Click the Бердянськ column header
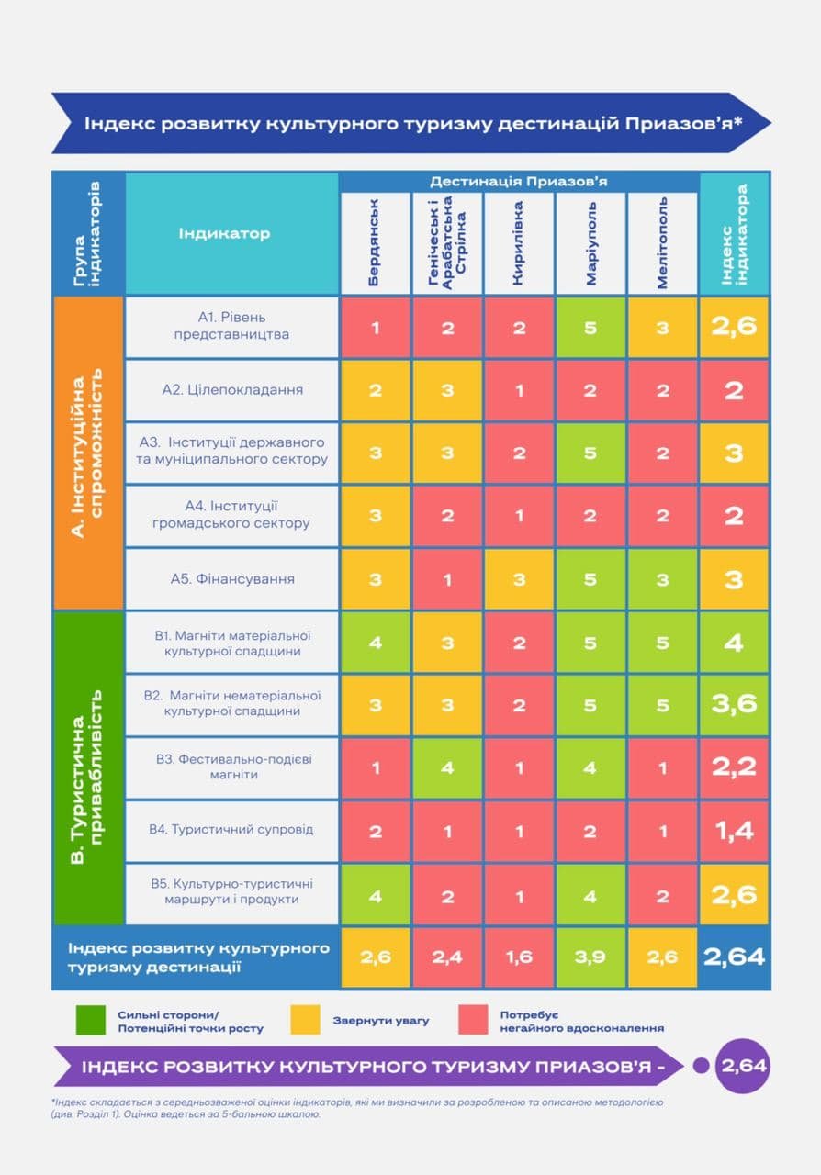[376, 243]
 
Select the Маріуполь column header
[590, 243]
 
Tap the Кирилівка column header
[519, 243]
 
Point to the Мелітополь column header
[662, 243]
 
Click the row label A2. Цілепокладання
[232, 389]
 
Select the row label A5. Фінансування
[232, 579]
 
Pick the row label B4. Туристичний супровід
[232, 830]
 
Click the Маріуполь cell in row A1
[590, 327]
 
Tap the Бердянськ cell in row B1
[376, 643]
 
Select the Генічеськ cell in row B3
[447, 767]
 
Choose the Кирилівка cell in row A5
[519, 579]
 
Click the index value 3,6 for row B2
[734, 704]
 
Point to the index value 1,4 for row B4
[734, 830]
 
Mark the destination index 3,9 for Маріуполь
[590, 957]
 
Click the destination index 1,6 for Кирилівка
[519, 957]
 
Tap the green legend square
[92, 1020]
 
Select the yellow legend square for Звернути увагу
[305, 1020]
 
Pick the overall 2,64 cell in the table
[734, 957]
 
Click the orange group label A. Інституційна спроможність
[88, 453]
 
